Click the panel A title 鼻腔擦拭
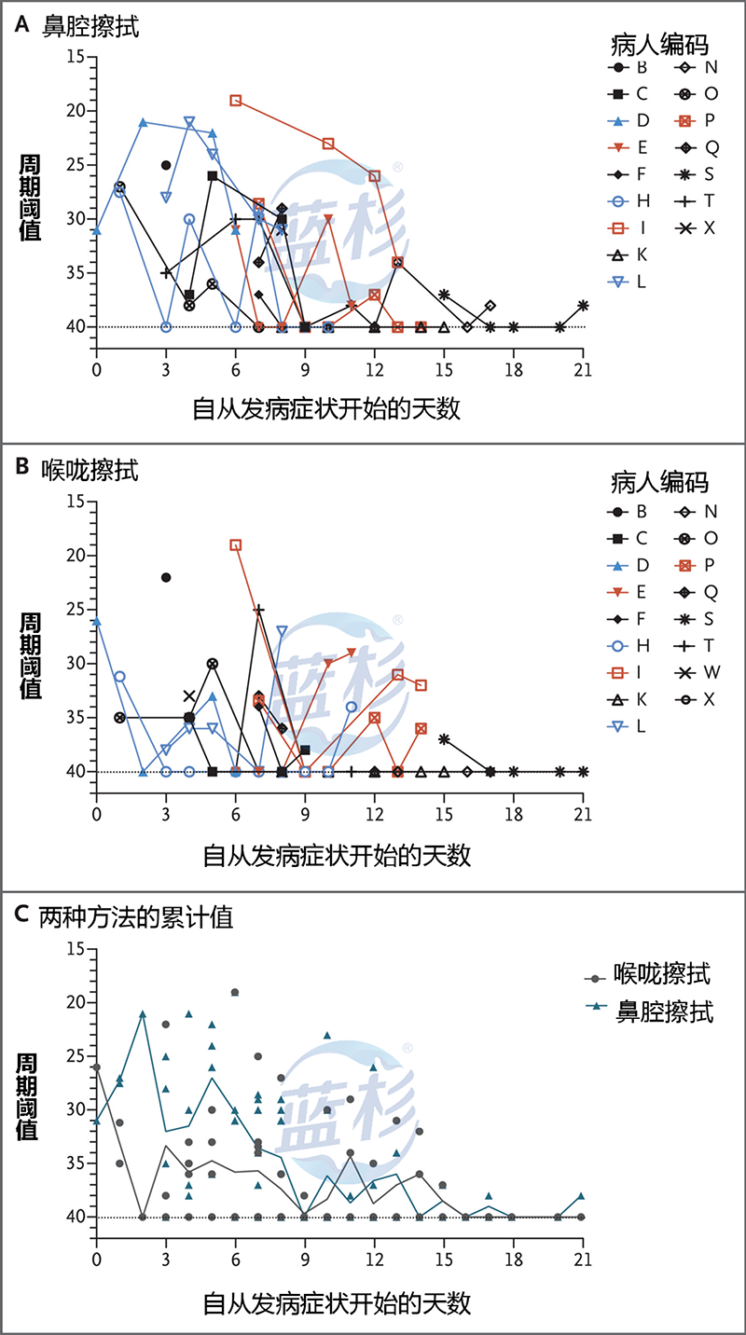[x=90, y=26]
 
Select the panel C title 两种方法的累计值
[x=135, y=916]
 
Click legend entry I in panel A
[x=629, y=227]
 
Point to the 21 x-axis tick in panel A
[x=583, y=367]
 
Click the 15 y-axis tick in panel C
[x=76, y=949]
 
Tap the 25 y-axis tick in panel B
[x=76, y=610]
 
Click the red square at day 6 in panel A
[x=236, y=100]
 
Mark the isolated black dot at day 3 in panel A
[x=166, y=165]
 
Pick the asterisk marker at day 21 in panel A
[x=583, y=306]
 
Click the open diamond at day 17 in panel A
[x=490, y=306]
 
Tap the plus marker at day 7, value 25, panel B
[x=259, y=610]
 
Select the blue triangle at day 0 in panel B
[x=97, y=621]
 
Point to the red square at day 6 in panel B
[x=236, y=544]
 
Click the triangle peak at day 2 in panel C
[x=143, y=1013]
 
